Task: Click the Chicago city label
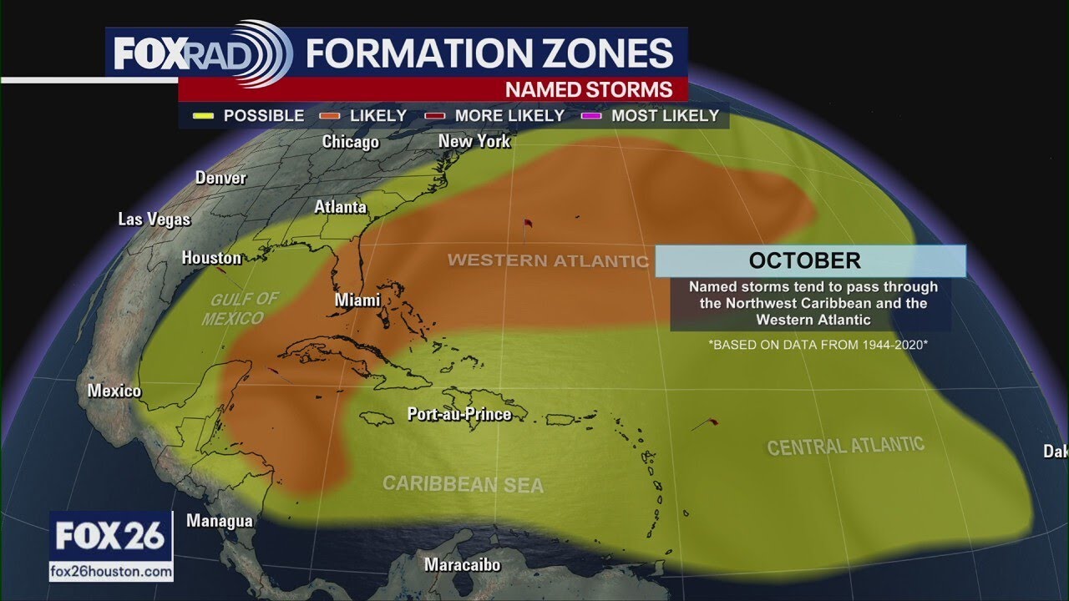(x=351, y=142)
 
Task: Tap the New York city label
(x=474, y=141)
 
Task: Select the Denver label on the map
(x=220, y=178)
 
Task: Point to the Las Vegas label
(x=154, y=220)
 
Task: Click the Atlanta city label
(x=340, y=207)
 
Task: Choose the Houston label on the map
(x=211, y=258)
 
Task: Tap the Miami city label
(x=357, y=300)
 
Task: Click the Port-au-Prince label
(x=459, y=414)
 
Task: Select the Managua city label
(x=219, y=521)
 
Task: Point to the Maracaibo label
(x=462, y=565)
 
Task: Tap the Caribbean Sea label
(x=463, y=484)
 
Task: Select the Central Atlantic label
(x=845, y=446)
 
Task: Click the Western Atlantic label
(x=548, y=260)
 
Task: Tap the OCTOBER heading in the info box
(x=803, y=260)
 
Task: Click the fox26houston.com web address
(x=111, y=573)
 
